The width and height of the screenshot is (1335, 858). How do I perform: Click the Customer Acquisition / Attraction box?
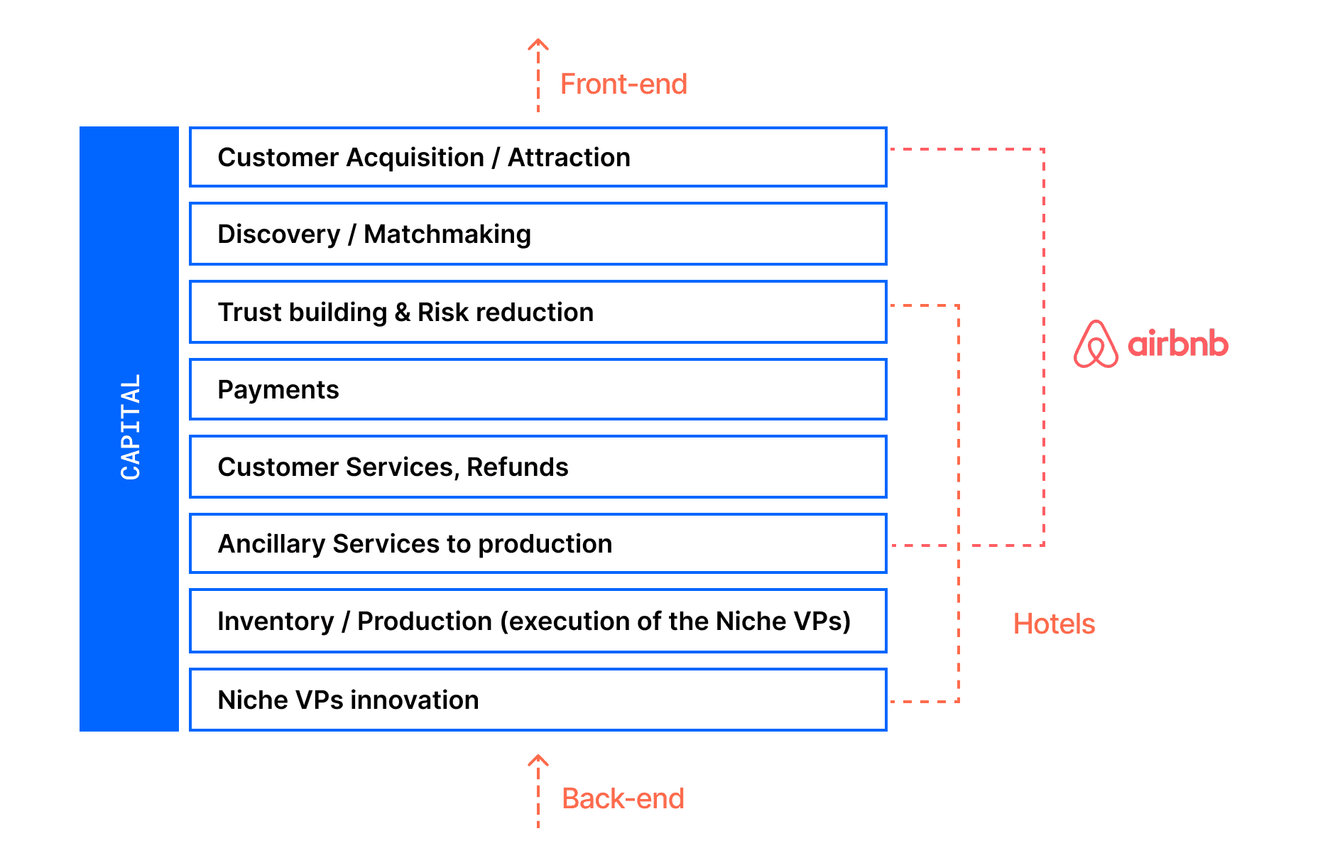pyautogui.click(x=538, y=157)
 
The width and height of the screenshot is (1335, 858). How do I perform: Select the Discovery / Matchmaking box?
pyautogui.click(x=538, y=234)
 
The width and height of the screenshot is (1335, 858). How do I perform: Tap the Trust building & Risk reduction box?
pyautogui.click(x=538, y=312)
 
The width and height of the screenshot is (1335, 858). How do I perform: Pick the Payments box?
pyautogui.click(x=538, y=389)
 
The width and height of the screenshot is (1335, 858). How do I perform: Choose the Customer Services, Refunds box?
pyautogui.click(x=538, y=467)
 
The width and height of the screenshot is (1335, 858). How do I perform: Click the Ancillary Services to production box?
pyautogui.click(x=538, y=543)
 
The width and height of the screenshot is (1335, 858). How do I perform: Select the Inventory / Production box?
pyautogui.click(x=538, y=621)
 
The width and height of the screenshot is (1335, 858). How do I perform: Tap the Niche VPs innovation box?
pyautogui.click(x=538, y=700)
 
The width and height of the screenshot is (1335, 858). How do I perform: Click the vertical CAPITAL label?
pyautogui.click(x=131, y=427)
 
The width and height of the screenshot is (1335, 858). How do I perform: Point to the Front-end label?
pyautogui.click(x=623, y=84)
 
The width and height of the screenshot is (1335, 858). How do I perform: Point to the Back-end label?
pyautogui.click(x=623, y=798)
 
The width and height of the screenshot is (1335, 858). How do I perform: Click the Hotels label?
pyautogui.click(x=1054, y=624)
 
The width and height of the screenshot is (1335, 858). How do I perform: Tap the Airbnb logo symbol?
pyautogui.click(x=1096, y=344)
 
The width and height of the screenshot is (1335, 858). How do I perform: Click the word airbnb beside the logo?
pyautogui.click(x=1178, y=344)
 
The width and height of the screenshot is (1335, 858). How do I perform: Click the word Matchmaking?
pyautogui.click(x=447, y=234)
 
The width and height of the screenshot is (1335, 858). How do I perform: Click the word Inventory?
pyautogui.click(x=276, y=621)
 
